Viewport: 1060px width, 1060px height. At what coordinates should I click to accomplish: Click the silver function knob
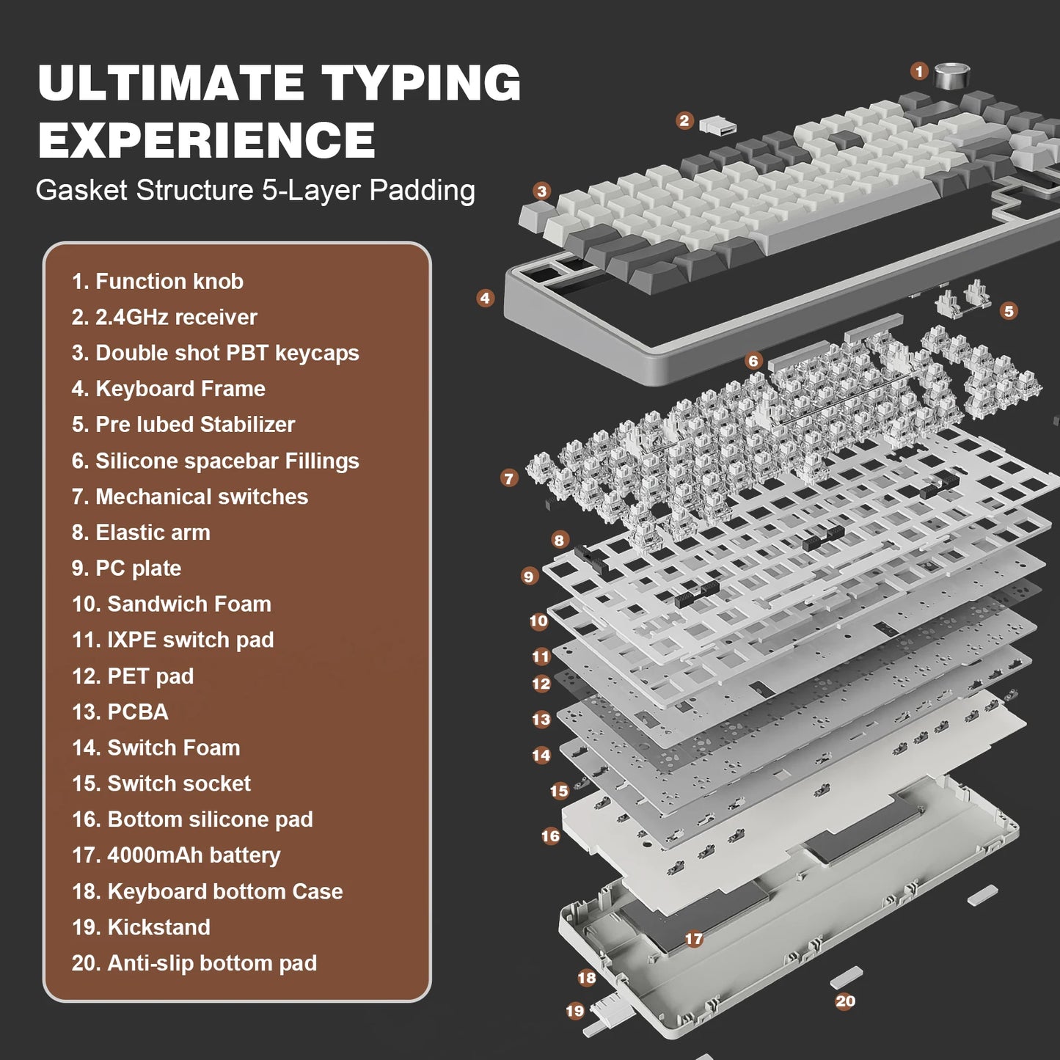(x=952, y=74)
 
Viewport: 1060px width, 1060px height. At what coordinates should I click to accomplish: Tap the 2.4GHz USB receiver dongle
(x=717, y=125)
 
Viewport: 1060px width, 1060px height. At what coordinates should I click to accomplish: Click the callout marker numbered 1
(x=919, y=71)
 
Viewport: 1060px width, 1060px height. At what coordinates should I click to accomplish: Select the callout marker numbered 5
(x=1009, y=311)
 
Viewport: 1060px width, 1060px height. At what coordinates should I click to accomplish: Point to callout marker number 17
(x=693, y=938)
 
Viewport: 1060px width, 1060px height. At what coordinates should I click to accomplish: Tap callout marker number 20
(x=845, y=1001)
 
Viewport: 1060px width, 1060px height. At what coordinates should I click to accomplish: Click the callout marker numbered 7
(x=509, y=478)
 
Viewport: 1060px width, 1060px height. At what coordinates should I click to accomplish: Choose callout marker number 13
(x=541, y=719)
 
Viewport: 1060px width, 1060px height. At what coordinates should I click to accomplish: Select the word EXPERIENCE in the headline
(x=206, y=140)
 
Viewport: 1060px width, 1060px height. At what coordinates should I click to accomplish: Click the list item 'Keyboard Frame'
(x=169, y=389)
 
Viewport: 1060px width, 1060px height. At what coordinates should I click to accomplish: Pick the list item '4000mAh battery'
(x=176, y=855)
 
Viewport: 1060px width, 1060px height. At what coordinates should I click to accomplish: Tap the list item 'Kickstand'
(x=141, y=927)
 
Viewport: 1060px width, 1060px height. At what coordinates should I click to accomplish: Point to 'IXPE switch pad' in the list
(x=173, y=640)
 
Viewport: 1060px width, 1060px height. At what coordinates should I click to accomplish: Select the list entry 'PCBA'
(x=120, y=712)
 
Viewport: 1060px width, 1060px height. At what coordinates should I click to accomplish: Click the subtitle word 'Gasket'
(x=81, y=191)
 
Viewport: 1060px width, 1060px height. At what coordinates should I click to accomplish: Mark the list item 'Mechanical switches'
(x=190, y=497)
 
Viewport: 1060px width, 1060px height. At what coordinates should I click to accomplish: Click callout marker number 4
(x=485, y=298)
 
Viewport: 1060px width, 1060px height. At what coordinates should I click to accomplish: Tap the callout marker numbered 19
(x=575, y=1011)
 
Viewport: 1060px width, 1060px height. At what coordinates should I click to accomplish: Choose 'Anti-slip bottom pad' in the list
(x=194, y=963)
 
